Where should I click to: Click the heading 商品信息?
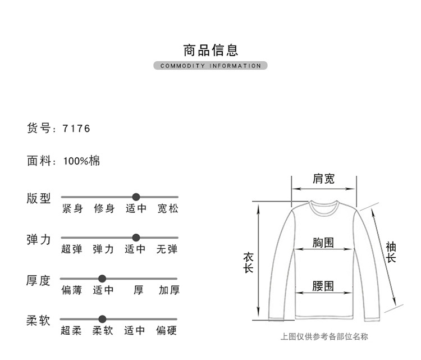210,49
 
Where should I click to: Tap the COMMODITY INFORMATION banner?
210,66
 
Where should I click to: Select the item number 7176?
76,129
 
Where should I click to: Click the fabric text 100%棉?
81,161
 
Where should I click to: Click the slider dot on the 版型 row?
136,197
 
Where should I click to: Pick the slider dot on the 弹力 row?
136,238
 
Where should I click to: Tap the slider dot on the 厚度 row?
102,279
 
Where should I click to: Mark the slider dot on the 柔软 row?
102,319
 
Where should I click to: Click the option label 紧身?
72,209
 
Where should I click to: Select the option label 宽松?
168,209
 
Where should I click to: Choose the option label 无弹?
167,249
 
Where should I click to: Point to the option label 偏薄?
71,290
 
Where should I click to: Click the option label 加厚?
169,290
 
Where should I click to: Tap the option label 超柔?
71,331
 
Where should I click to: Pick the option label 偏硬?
167,331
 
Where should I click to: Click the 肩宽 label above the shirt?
323,179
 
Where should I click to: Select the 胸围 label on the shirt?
323,243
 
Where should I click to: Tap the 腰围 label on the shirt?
323,286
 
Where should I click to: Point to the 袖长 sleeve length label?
391,252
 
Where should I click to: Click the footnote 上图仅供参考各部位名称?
324,337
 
